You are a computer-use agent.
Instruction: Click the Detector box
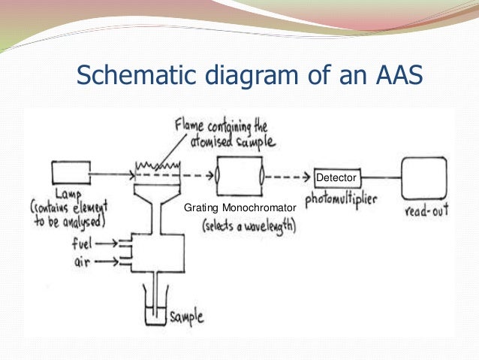[x=336, y=177]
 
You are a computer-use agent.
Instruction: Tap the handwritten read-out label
[x=426, y=211]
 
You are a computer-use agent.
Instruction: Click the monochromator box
[x=239, y=177]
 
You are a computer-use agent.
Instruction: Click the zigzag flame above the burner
[x=159, y=163]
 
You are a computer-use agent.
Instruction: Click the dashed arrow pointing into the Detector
[x=289, y=178]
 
